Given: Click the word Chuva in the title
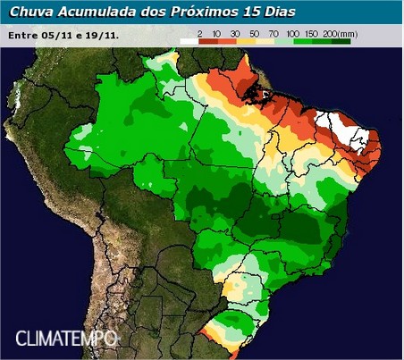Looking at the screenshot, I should click(30, 12).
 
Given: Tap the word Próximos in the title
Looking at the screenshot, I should click(201, 12).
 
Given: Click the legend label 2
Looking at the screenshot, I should click(199, 31).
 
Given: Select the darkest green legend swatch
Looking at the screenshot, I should click(339, 40).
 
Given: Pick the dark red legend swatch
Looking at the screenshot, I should click(210, 40).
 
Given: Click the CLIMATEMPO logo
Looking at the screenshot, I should click(67, 339).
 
